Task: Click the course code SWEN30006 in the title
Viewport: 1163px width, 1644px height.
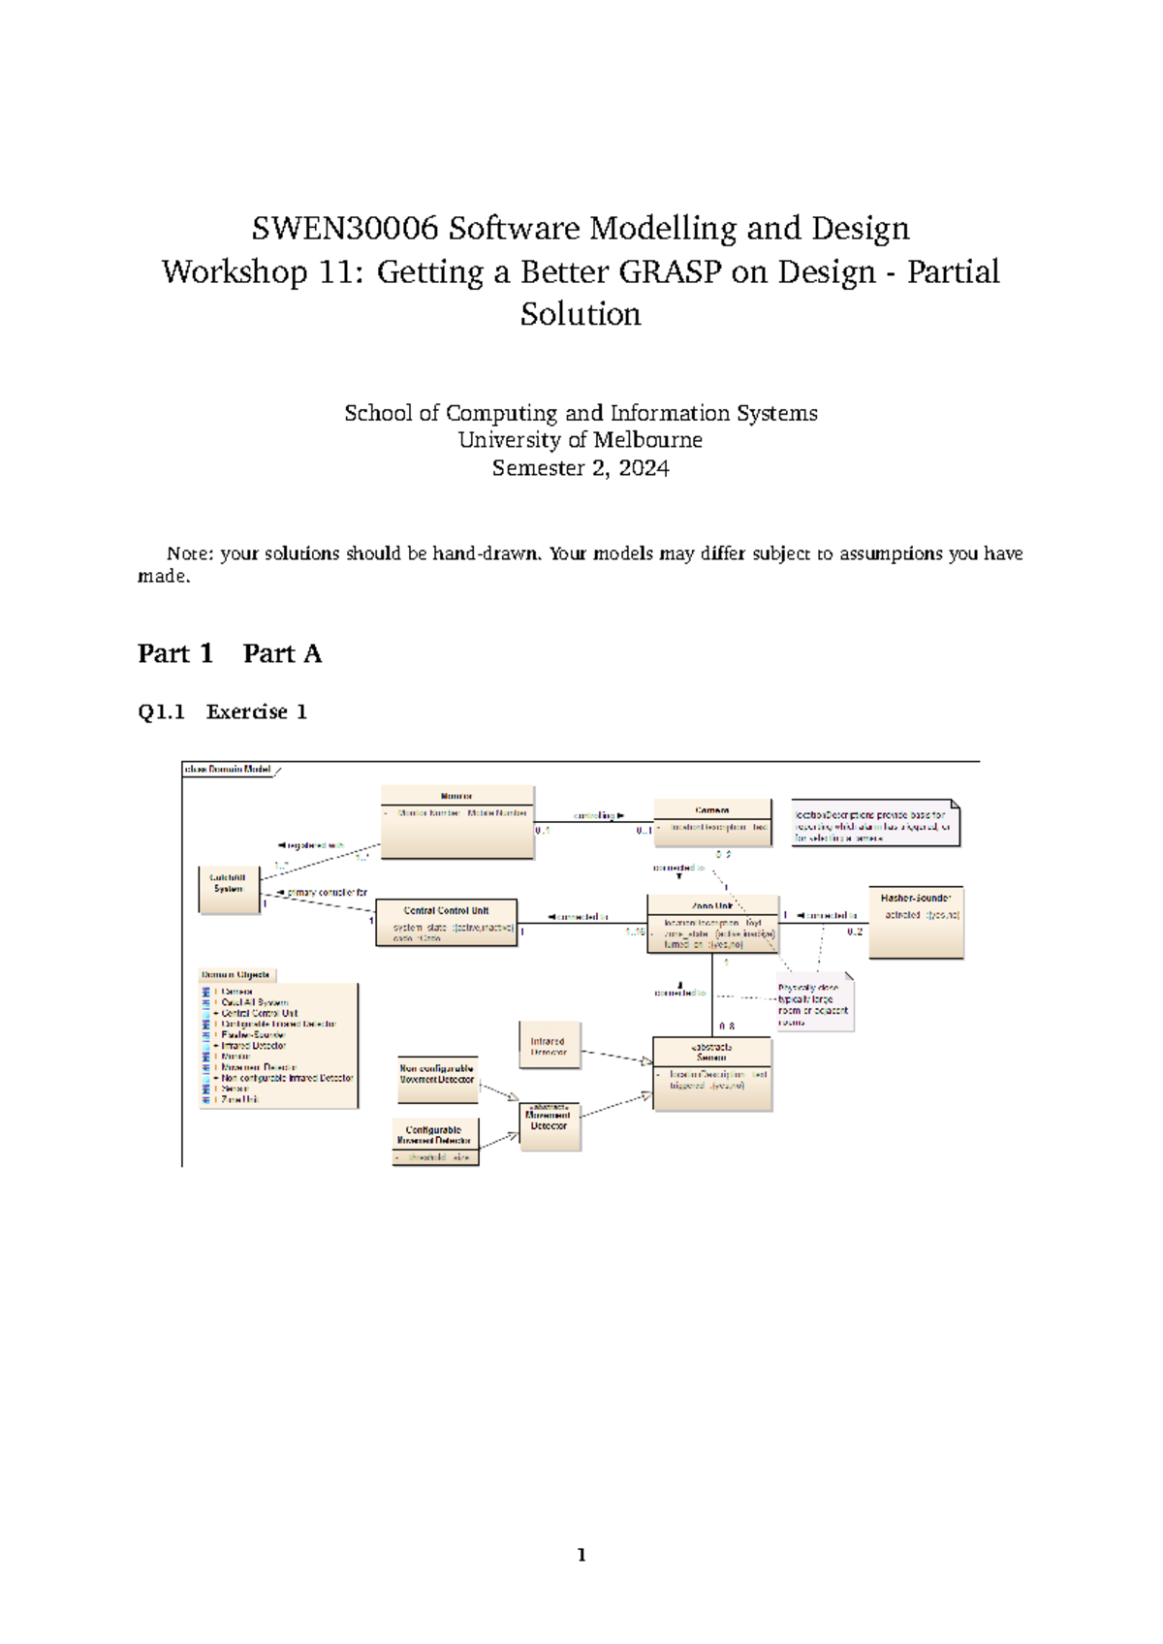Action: [345, 229]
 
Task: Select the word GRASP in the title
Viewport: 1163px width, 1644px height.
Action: [671, 272]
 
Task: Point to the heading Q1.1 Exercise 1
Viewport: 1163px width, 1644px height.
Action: [222, 711]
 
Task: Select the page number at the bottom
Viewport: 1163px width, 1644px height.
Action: [581, 1555]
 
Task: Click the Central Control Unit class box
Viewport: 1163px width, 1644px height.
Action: [446, 922]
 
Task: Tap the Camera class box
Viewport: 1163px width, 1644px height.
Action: [712, 821]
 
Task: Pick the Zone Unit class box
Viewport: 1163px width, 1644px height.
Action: [712, 924]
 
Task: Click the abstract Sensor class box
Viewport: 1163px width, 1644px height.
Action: [712, 1073]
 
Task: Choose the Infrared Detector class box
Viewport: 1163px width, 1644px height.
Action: [549, 1045]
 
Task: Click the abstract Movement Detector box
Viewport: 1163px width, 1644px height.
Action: [549, 1125]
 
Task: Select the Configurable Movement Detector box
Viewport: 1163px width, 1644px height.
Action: [434, 1142]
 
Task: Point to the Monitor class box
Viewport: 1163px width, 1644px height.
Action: [456, 821]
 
